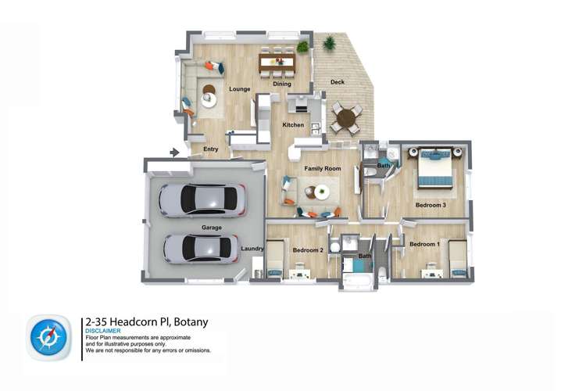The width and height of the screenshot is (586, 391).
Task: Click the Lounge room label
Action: click(240, 89)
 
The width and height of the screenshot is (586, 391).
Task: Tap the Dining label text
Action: click(282, 84)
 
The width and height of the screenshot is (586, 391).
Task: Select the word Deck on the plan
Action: click(337, 81)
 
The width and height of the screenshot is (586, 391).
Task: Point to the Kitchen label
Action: click(293, 125)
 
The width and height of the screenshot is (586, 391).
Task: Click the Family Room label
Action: click(322, 168)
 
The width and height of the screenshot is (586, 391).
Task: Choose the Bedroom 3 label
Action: click(431, 205)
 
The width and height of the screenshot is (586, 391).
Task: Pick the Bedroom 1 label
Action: click(425, 245)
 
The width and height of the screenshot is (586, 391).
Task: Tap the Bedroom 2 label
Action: click(308, 250)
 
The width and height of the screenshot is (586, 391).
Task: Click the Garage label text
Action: click(212, 228)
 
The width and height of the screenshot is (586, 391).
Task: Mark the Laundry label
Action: click(252, 249)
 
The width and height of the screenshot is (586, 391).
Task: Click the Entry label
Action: click(211, 149)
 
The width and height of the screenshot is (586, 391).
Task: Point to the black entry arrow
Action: click(175, 152)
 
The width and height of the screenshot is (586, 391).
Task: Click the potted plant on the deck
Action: click(329, 43)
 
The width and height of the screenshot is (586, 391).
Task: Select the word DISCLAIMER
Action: click(103, 331)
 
